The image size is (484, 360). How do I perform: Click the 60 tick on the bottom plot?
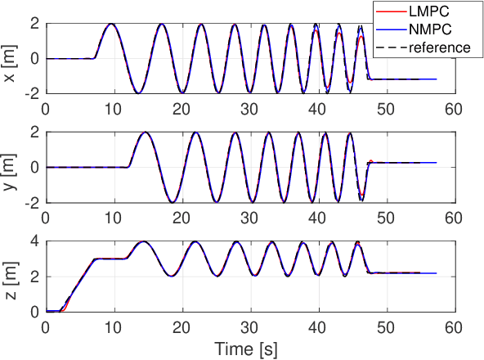click(x=461, y=325)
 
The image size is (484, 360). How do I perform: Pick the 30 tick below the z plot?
click(x=253, y=325)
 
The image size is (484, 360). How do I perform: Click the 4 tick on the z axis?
click(x=34, y=241)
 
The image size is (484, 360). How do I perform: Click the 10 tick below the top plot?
click(x=114, y=107)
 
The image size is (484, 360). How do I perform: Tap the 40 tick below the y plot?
click(x=322, y=215)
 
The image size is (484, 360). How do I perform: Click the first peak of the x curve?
click(x=111, y=24)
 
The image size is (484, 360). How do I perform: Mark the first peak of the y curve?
click(x=145, y=133)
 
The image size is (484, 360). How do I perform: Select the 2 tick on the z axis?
click(x=34, y=277)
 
